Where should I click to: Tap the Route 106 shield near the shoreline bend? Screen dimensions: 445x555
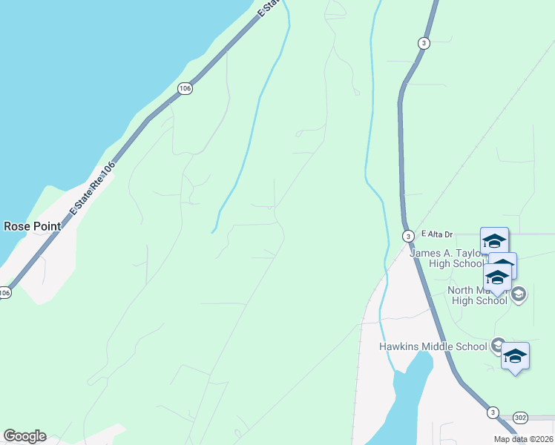click(x=185, y=88)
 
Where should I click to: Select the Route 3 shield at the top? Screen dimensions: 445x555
click(x=423, y=43)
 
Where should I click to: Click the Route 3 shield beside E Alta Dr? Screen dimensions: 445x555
click(x=408, y=236)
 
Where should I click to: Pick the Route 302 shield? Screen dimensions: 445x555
click(x=519, y=418)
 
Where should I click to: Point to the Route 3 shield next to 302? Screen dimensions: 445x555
click(x=493, y=412)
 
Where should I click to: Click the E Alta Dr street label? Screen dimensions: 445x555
click(x=436, y=234)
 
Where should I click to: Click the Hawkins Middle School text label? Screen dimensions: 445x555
click(x=433, y=346)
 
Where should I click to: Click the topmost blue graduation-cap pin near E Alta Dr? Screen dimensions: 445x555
click(x=494, y=240)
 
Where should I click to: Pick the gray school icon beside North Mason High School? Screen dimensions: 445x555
click(x=519, y=294)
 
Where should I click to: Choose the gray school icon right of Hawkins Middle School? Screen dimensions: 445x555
click(x=497, y=346)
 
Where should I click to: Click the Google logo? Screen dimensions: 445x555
click(x=24, y=436)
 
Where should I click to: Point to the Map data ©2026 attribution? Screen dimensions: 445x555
click(x=522, y=439)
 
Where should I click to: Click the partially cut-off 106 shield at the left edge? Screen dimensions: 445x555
click(x=4, y=293)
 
